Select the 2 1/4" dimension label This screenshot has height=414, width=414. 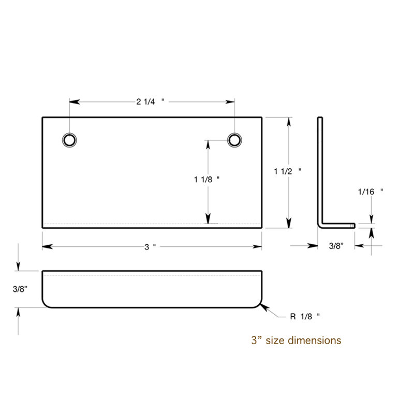[150, 101]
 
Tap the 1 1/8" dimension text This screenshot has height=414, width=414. [206, 180]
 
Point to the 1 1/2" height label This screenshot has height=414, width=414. [288, 171]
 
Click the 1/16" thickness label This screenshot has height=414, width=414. [371, 191]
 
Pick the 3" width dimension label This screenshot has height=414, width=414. [150, 247]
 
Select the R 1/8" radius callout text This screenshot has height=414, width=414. [305, 316]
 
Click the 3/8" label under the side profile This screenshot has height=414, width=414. [336, 246]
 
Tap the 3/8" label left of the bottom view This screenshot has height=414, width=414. [20, 289]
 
